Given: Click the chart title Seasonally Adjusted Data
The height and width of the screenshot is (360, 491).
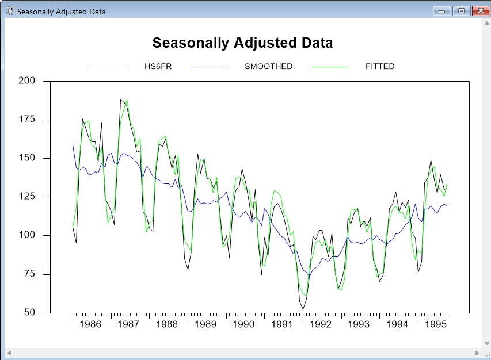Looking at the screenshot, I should (242, 43).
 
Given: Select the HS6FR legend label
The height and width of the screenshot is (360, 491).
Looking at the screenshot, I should (158, 67).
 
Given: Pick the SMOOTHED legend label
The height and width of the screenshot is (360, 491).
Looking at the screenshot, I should (268, 67).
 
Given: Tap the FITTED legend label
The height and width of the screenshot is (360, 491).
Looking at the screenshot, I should (380, 67).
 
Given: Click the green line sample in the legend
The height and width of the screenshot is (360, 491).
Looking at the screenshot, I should (329, 67).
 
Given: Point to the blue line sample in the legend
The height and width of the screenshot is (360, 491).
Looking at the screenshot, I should (208, 67).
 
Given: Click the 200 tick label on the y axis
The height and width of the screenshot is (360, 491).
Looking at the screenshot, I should (26, 81).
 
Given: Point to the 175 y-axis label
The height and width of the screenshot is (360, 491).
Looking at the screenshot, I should (26, 120).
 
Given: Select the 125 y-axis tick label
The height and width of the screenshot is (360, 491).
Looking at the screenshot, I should (26, 197).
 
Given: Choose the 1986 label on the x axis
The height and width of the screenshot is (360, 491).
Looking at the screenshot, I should (90, 325).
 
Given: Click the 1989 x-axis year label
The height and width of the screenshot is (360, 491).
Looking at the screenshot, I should (205, 325).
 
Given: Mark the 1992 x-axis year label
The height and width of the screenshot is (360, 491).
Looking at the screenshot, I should (321, 325).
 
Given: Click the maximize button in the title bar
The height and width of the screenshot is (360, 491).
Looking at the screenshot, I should (460, 11).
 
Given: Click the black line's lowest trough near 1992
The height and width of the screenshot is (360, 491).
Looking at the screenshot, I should (303, 309).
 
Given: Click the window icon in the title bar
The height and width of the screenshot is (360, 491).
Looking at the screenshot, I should (9, 11).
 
